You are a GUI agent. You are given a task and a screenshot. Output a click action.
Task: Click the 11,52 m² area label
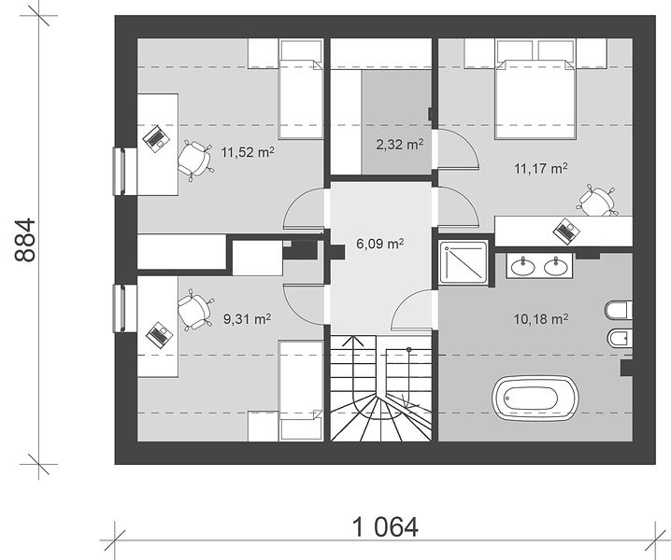[x=248, y=152]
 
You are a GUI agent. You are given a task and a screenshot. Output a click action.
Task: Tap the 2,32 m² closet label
[x=400, y=144]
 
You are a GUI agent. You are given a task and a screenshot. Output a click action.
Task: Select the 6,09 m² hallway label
[x=380, y=244]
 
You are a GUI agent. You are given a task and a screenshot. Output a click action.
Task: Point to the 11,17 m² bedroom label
[x=541, y=168]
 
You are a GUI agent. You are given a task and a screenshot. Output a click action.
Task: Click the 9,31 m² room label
[x=247, y=318]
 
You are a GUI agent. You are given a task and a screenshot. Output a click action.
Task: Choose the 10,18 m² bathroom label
[x=541, y=318]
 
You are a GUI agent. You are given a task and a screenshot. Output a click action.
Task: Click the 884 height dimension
[x=25, y=240]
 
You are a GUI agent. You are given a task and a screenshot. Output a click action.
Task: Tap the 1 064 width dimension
[x=385, y=526]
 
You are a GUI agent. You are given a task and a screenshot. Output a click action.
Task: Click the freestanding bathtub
[x=535, y=398]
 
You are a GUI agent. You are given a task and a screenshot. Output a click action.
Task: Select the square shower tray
[x=464, y=262]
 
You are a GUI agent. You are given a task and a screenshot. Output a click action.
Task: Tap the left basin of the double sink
[x=523, y=267]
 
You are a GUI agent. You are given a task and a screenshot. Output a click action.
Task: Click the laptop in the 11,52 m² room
[x=156, y=139]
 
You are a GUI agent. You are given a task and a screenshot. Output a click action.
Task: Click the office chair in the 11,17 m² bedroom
[x=596, y=201]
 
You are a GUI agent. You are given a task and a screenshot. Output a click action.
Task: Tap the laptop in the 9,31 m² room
[x=158, y=335]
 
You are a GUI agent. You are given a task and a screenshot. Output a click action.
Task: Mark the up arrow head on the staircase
[x=353, y=341]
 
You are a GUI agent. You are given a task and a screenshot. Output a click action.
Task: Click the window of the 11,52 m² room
[x=119, y=171]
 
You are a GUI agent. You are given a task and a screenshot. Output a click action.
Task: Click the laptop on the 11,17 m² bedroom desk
[x=566, y=231]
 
